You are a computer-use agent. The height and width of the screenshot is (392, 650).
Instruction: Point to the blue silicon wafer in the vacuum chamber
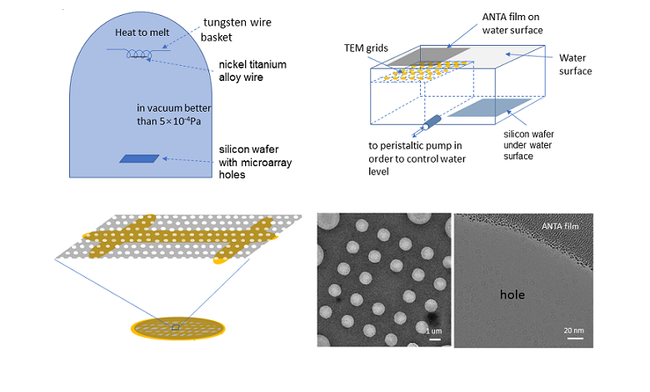[137, 158]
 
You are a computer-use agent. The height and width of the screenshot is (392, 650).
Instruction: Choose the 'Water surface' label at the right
[572, 65]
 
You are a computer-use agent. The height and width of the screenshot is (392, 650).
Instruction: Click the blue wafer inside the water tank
[491, 109]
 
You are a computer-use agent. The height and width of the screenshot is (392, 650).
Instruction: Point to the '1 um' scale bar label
[433, 331]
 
